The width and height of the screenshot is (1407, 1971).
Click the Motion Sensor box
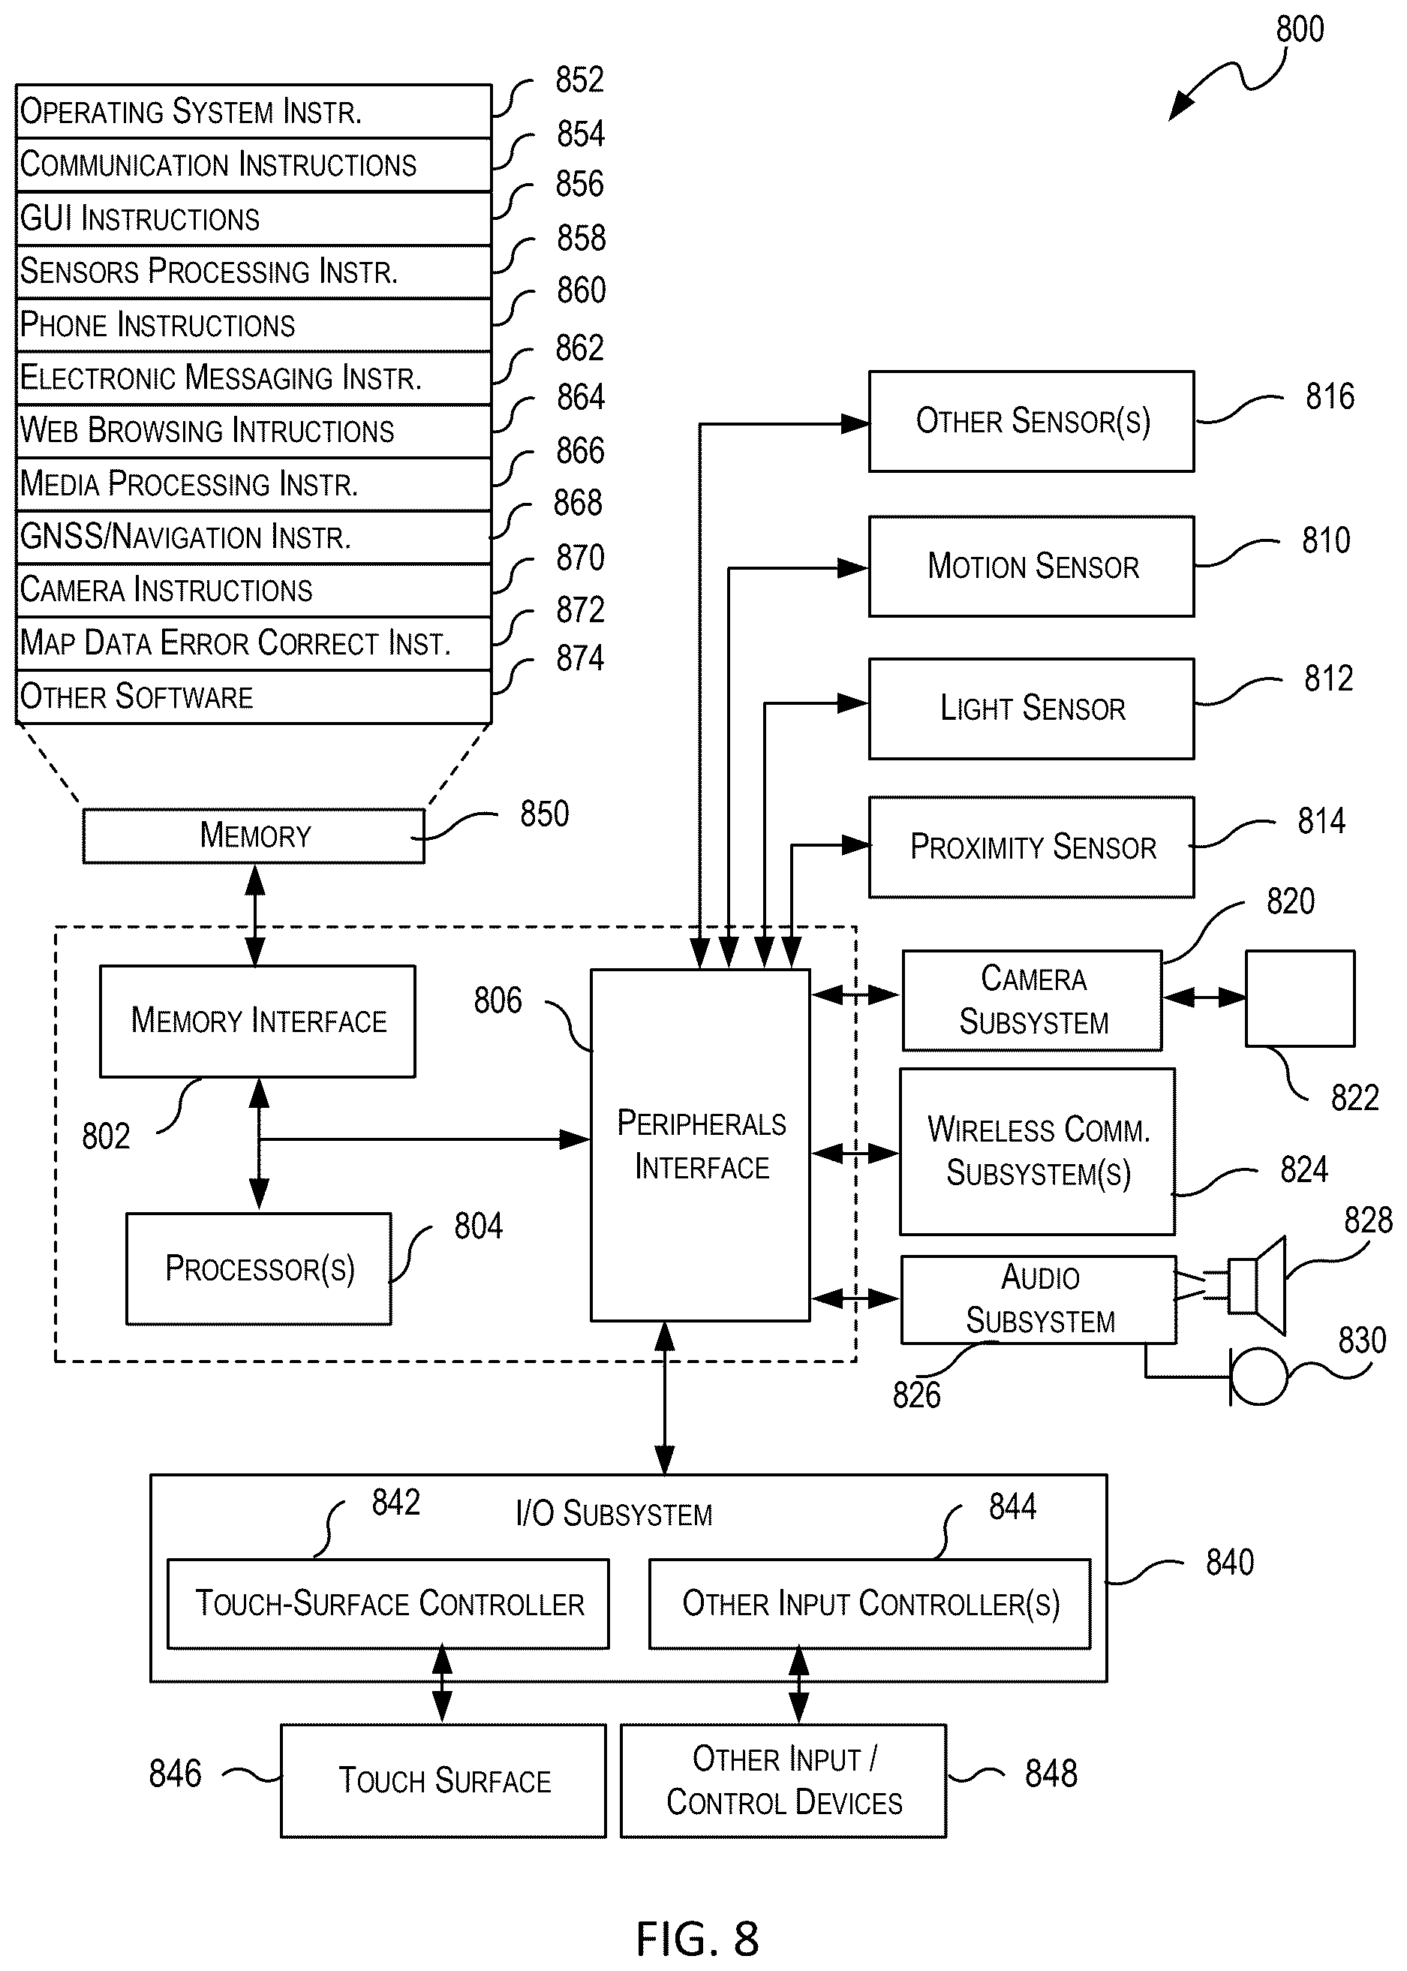coord(1031,567)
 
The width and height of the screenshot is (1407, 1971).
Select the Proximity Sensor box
coord(1031,847)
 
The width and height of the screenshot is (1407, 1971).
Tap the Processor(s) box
coord(259,1268)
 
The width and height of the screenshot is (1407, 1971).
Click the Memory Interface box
coord(257,1022)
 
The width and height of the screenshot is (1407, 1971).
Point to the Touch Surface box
coord(443,1780)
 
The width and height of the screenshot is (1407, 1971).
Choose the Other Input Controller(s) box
coord(870,1604)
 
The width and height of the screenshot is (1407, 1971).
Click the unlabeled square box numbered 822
coord(1300,998)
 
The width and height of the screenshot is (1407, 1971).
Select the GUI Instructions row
coord(254,218)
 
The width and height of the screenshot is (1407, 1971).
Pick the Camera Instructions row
coord(254,590)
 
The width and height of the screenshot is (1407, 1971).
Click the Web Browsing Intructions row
coord(254,431)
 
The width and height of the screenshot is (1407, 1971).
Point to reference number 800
coord(1300,29)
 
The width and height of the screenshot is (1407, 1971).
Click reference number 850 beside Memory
coord(544,814)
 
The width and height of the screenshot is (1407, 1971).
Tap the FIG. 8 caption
coord(697,1938)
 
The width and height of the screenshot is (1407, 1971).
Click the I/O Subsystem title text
coord(613,1514)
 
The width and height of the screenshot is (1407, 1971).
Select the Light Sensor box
coord(1031,709)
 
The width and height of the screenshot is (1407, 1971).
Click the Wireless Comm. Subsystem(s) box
coord(1037,1151)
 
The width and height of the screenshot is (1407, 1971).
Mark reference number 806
coord(498,1001)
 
